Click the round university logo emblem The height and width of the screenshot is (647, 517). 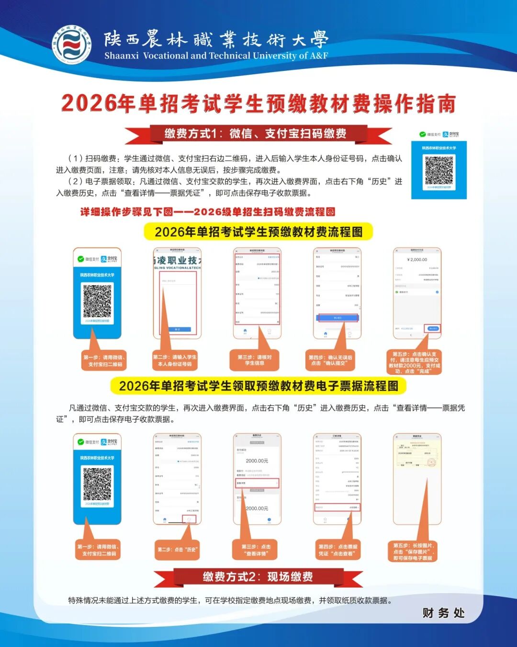tap(71, 46)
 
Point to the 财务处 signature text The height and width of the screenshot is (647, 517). tap(443, 613)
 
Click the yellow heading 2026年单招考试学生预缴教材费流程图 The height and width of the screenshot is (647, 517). tap(258, 232)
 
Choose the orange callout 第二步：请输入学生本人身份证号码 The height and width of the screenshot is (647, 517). tap(175, 360)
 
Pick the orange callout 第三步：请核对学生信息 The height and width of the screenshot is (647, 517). tap(255, 360)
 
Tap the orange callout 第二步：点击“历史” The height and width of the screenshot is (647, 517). tap(177, 549)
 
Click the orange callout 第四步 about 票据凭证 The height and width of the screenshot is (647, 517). tap(338, 550)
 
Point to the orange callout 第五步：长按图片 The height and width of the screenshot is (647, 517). tap(414, 552)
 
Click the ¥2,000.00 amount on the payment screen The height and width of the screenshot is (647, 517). tap(417, 259)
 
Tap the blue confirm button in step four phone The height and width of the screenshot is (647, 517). tap(337, 318)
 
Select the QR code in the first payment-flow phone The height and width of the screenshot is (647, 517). tap(97, 301)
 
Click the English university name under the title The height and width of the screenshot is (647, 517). tap(216, 56)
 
